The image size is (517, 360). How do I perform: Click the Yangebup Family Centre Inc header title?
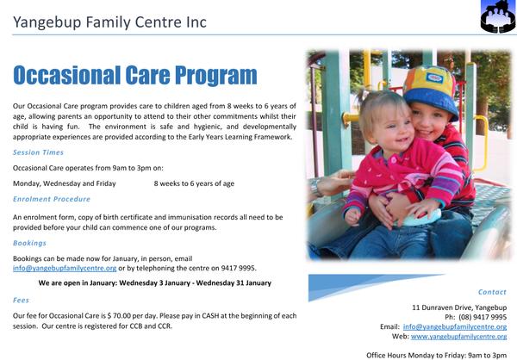109,22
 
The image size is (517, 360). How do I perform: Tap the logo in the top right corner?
498,16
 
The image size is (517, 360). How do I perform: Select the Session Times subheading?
38,152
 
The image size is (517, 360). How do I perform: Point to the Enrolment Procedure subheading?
52,199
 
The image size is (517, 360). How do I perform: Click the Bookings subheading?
29,243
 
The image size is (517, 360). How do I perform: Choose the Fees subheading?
21,300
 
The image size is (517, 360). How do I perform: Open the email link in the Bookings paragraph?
65,268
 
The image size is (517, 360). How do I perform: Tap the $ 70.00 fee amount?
119,316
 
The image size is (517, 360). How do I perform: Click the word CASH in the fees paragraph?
210,316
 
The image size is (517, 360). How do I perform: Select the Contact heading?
492,292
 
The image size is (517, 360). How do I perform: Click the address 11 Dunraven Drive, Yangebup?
459,307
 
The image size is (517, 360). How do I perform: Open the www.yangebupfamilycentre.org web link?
458,337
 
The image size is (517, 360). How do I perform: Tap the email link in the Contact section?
455,326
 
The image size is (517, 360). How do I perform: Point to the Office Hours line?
437,356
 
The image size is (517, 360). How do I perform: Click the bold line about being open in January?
154,282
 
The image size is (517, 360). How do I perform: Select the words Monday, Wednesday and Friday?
65,183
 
